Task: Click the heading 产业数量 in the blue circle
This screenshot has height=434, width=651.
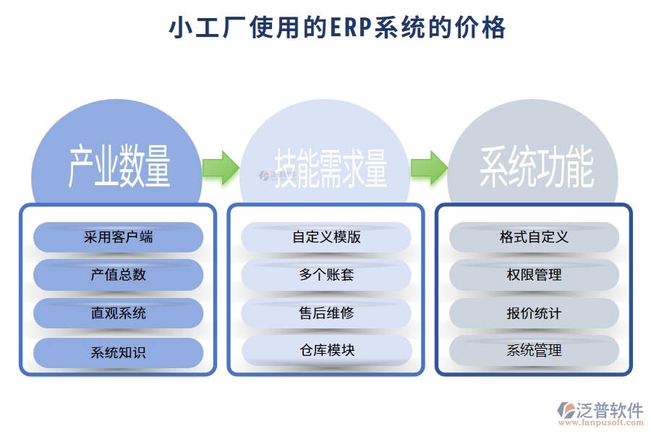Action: click(119, 166)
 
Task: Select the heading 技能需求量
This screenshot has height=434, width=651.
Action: click(331, 169)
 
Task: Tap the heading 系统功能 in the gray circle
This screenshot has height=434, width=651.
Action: click(536, 168)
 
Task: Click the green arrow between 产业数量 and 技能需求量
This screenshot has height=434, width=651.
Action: click(220, 167)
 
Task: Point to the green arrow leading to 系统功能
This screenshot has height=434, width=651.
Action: click(428, 167)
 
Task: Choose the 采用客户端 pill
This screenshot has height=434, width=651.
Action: click(118, 237)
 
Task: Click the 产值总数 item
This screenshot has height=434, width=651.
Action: click(118, 275)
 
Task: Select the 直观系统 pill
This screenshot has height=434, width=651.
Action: click(118, 313)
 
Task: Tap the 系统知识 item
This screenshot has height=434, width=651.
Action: click(118, 353)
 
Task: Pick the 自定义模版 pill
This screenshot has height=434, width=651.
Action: click(326, 237)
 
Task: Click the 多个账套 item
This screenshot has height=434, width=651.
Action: click(326, 275)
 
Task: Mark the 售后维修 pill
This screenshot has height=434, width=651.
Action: click(326, 313)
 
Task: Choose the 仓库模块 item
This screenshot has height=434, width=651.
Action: click(326, 351)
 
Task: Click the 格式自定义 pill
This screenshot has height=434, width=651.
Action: click(534, 237)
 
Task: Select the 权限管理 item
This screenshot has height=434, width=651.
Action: click(534, 275)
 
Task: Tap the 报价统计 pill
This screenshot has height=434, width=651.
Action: click(534, 313)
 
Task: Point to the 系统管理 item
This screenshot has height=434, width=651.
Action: click(534, 351)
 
